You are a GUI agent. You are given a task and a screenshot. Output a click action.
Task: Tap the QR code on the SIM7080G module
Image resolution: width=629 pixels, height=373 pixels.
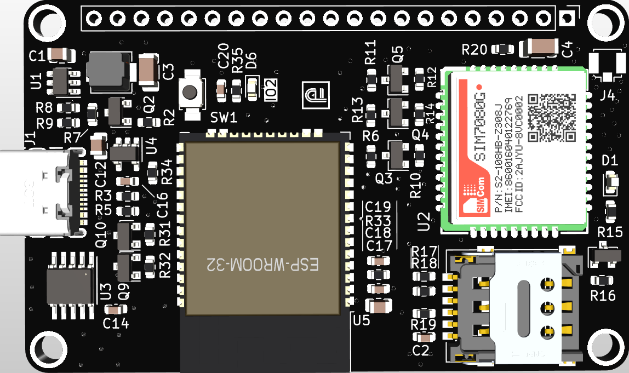pos(552,117)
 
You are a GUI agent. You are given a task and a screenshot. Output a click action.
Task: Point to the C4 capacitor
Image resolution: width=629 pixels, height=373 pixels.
pos(537,47)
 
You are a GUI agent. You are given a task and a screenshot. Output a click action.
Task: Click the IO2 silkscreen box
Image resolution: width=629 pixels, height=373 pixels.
pos(271,89)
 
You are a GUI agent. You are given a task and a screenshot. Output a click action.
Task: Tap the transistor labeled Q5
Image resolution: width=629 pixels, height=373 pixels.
pos(397,78)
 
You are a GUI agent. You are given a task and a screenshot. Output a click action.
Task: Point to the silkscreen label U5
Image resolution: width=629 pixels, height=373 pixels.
pos(362,320)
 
